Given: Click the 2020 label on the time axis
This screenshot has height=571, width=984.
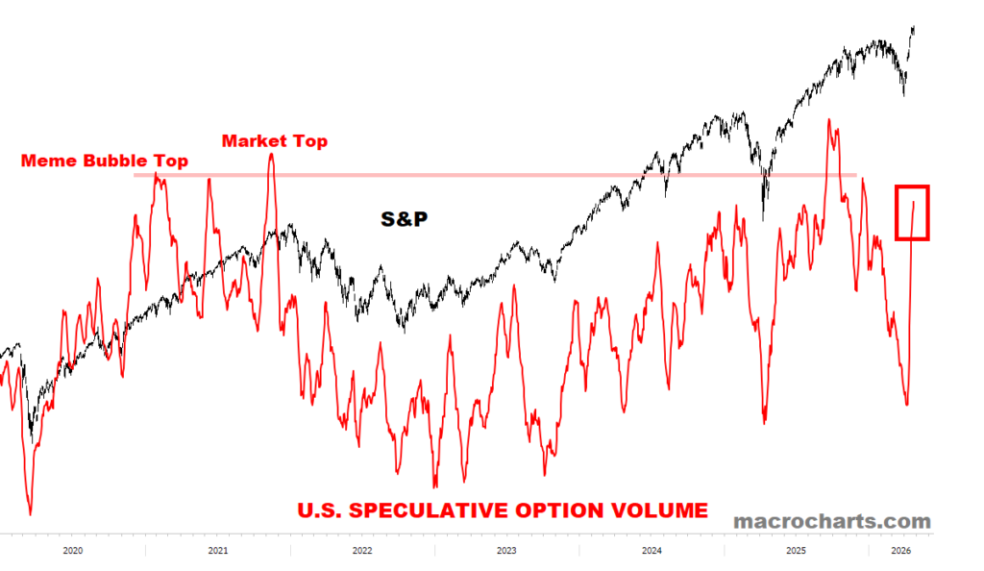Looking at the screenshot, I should [72, 551].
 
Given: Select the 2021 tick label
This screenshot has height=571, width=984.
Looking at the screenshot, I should [217, 551].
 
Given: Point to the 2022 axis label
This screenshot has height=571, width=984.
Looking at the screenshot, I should [362, 551].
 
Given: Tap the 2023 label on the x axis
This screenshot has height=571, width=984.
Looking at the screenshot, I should [506, 551].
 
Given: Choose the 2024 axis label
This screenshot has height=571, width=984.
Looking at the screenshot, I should [652, 551].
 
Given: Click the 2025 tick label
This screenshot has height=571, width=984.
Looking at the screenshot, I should [796, 551].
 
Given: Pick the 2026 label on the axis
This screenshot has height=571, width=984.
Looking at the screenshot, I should [900, 551].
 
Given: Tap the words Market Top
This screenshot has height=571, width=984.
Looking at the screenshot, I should [275, 141].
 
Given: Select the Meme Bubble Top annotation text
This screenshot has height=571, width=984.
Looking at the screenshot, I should [105, 161].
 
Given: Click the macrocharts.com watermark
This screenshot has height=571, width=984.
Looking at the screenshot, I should [831, 521].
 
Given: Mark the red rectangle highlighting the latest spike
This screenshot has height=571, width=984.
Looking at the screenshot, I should [912, 212].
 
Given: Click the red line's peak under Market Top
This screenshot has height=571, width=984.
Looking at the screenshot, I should [271, 154].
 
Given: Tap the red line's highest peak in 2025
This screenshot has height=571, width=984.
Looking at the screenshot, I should [828, 121].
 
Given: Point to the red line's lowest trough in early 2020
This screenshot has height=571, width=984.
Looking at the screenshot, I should [30, 514].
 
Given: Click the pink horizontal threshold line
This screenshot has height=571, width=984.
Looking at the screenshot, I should [480, 175].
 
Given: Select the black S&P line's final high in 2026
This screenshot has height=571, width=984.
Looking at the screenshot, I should [913, 28].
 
